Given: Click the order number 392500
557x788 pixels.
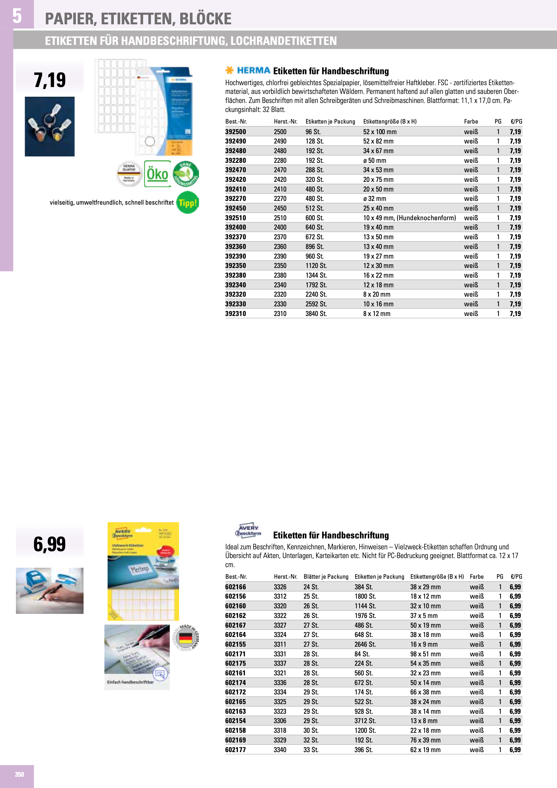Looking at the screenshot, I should tap(235, 132).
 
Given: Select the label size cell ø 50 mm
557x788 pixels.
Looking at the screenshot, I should tap(375, 161).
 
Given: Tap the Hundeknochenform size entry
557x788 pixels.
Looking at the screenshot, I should tap(409, 218).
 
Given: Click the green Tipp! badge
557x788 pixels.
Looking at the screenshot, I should tap(187, 203).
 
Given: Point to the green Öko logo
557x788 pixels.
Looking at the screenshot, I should tap(157, 174).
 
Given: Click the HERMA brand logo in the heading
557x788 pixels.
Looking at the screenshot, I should tap(253, 71).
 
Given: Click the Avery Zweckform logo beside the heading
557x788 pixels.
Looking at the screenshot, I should tap(248, 531).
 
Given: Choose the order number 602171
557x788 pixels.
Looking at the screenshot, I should tap(235, 654).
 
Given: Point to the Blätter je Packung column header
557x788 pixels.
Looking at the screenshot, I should tap(326, 576).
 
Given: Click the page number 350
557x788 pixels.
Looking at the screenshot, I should tap(19, 774).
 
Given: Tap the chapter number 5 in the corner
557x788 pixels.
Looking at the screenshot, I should tap(17, 16).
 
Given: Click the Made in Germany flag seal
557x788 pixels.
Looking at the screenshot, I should tap(185, 638).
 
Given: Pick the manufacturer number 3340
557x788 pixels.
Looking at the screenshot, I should tap(280, 750).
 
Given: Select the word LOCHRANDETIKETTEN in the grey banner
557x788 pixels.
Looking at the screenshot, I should tap(283, 41).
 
